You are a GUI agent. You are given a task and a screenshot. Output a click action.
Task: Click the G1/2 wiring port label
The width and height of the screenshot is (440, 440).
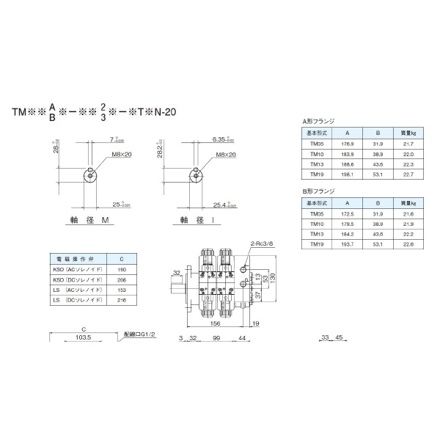141,333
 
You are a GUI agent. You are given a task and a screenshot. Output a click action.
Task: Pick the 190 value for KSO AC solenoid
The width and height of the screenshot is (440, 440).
121,270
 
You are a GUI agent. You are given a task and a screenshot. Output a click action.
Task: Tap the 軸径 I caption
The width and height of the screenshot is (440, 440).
197,220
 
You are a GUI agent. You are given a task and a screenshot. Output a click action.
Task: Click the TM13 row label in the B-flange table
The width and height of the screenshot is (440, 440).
317,233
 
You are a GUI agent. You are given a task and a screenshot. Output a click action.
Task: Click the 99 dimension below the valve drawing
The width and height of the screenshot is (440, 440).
216,338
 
